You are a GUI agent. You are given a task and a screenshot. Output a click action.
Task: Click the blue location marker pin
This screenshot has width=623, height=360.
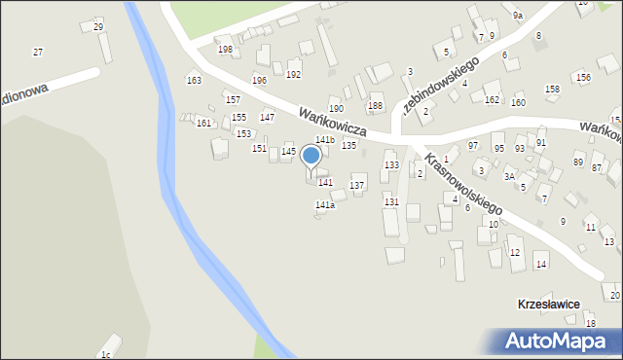[311, 157]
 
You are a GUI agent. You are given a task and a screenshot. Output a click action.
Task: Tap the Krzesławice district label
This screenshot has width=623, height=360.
[548, 305]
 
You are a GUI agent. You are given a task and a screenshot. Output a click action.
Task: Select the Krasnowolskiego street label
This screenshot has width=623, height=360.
[463, 181]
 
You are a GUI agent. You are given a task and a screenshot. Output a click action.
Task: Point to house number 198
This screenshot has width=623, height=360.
[225, 50]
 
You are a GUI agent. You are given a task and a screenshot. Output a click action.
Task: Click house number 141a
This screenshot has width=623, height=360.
[325, 205]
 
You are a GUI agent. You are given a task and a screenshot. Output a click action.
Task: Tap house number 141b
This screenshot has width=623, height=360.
[324, 140]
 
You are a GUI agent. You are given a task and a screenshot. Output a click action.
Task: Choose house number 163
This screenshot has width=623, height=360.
[194, 81]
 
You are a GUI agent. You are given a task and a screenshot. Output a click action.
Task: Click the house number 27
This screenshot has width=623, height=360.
[38, 52]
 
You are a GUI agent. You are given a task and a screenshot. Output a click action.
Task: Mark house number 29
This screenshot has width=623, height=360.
[98, 26]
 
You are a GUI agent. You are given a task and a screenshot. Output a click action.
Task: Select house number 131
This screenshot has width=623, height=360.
[391, 201]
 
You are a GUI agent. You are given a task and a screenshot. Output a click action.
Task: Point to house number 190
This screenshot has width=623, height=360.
[336, 109]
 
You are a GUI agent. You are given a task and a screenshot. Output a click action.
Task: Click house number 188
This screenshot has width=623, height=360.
[375, 105]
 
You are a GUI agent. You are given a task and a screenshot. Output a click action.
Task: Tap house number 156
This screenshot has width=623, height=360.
[583, 77]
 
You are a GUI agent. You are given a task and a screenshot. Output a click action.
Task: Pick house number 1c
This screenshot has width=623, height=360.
[106, 355]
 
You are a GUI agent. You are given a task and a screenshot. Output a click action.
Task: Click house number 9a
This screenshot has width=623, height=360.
[519, 16]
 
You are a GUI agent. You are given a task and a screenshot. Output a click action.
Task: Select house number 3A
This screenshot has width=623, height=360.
[509, 177]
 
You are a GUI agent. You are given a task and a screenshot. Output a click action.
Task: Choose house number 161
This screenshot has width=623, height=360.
[202, 123]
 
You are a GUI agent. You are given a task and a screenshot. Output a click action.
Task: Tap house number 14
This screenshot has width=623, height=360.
[541, 264]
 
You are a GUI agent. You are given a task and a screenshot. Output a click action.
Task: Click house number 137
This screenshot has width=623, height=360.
[357, 185]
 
